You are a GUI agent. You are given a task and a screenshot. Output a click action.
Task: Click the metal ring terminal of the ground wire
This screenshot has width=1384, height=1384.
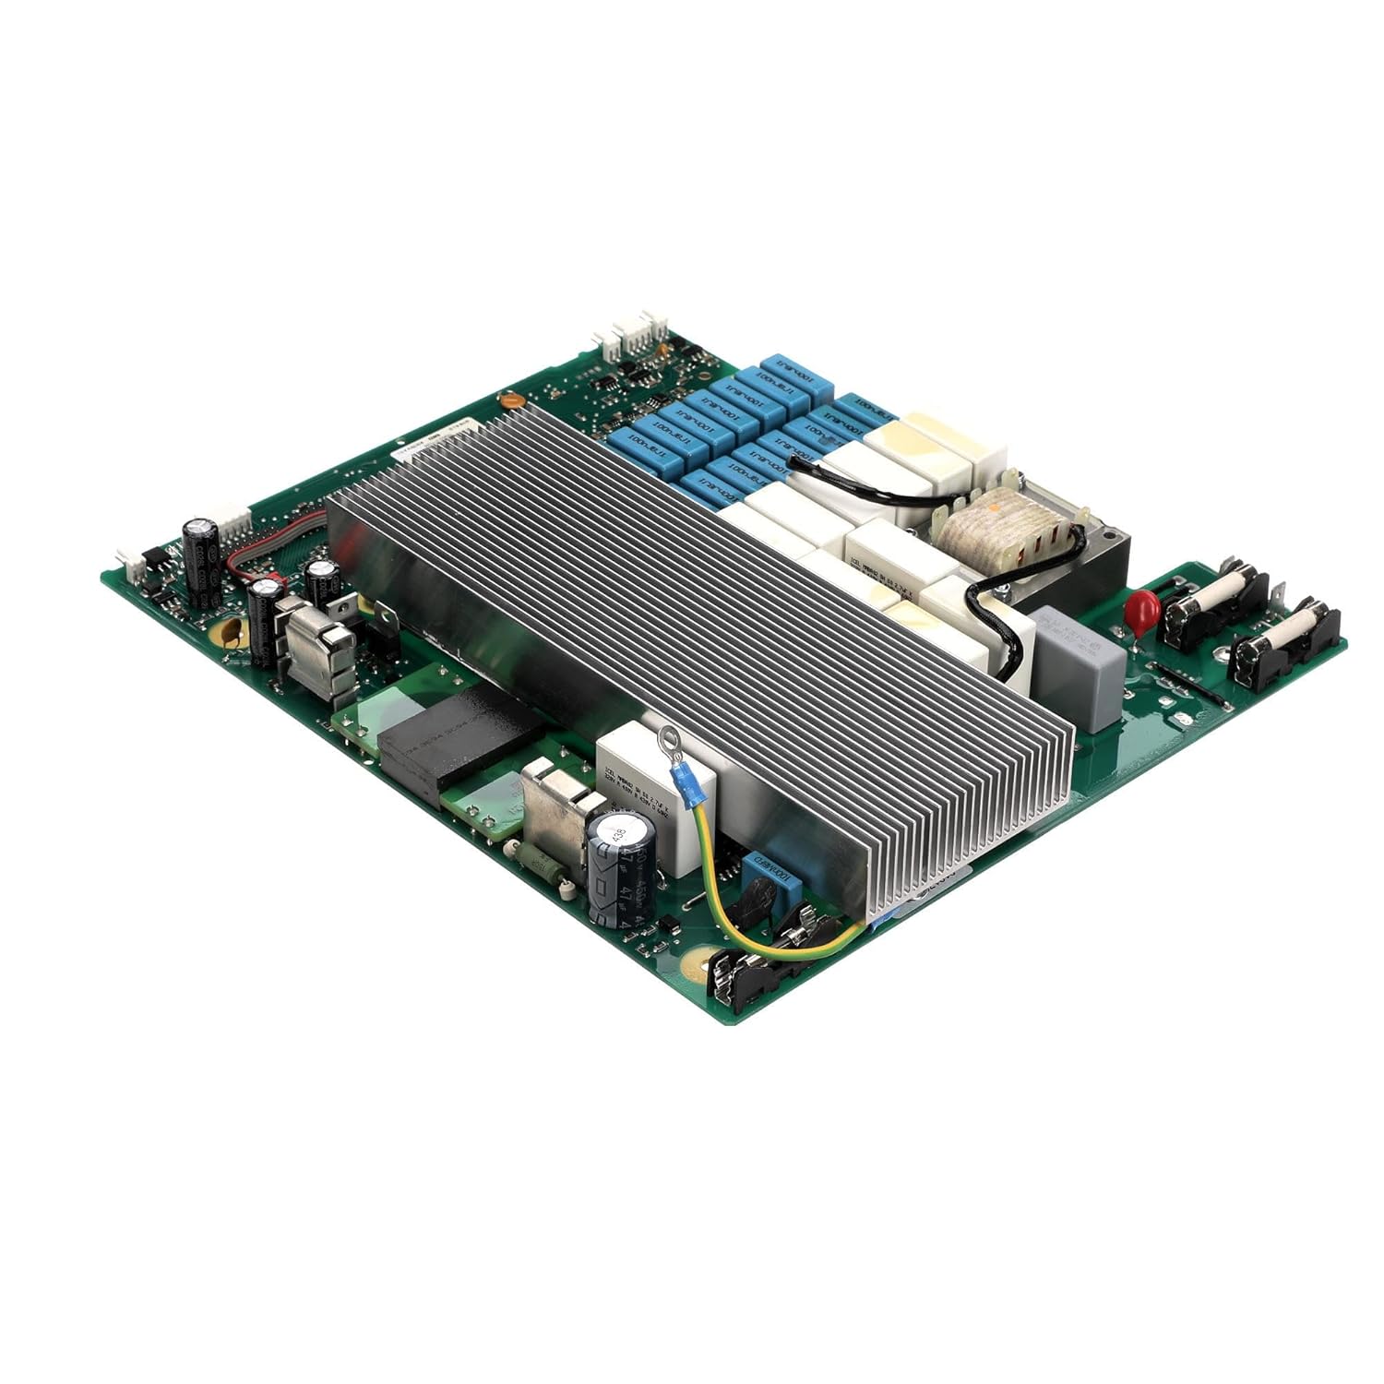coord(668,737)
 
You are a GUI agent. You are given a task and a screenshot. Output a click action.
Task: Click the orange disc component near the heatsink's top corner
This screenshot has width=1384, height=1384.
coord(506,401)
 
